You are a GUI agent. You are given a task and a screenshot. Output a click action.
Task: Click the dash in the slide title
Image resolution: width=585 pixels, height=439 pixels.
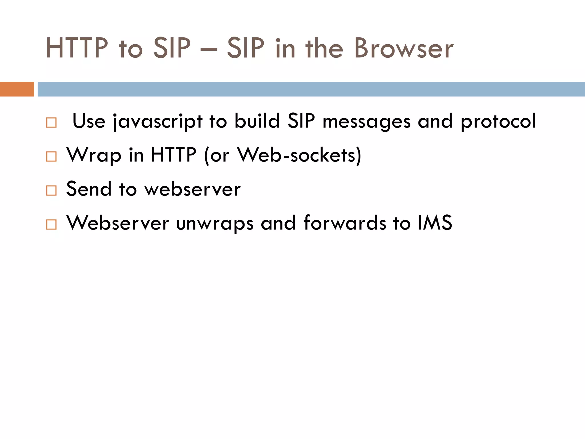209,49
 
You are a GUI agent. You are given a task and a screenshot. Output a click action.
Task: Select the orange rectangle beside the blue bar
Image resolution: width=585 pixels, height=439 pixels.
17,89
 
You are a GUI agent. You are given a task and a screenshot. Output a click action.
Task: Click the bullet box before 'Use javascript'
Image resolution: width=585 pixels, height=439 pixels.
51,123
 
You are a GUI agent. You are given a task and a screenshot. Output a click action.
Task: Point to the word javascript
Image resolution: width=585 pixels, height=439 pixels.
158,121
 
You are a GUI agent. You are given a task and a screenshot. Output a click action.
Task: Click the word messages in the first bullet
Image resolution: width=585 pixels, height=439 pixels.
366,122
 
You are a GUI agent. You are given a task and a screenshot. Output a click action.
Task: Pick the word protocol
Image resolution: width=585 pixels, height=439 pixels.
498,122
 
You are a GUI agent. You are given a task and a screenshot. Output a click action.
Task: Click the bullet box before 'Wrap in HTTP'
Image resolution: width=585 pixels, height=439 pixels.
51,157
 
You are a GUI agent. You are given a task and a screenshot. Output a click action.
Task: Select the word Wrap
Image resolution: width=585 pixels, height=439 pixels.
94,155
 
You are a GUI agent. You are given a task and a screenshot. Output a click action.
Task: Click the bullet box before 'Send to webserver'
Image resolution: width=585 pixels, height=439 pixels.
51,190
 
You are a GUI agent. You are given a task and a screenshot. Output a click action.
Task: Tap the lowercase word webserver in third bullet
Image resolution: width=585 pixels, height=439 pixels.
193,189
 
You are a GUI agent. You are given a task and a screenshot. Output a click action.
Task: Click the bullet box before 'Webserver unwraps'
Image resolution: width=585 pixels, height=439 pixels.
51,224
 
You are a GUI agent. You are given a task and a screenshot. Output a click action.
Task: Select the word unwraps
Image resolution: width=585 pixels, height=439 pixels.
215,223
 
